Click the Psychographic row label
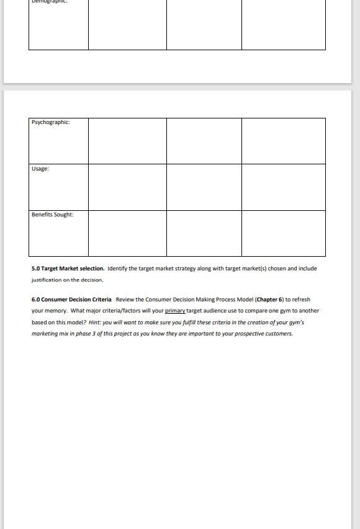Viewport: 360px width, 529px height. coord(51,122)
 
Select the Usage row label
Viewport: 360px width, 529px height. coord(40,169)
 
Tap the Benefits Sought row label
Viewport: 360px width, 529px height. coord(53,215)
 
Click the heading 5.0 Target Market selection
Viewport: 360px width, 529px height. coord(68,269)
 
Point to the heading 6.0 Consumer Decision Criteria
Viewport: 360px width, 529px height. coord(71,300)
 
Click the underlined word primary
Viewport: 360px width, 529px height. coord(175,311)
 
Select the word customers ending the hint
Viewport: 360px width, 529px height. coord(278,334)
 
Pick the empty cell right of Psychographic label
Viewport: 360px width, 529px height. coord(127,141)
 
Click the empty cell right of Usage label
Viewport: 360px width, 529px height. coord(127,187)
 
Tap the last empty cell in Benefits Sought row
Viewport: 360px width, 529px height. coord(283,233)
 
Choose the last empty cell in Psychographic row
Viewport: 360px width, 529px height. coord(283,141)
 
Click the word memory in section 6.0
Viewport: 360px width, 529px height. coord(55,311)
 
